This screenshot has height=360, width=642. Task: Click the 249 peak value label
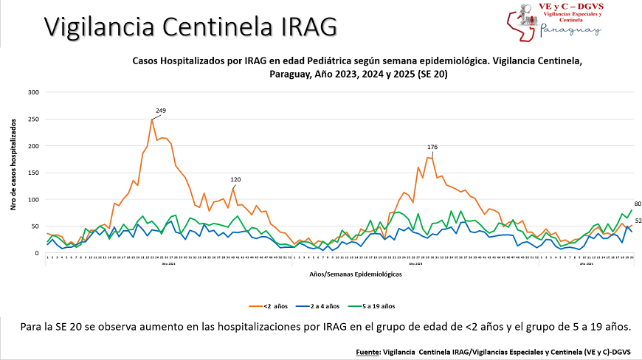pyautogui.click(x=161, y=111)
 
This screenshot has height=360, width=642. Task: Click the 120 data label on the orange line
pyautogui.click(x=236, y=179)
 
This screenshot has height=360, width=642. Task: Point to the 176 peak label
pyautogui.click(x=432, y=148)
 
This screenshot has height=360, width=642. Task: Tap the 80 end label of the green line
pyautogui.click(x=637, y=204)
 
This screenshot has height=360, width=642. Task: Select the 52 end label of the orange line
pyautogui.click(x=637, y=221)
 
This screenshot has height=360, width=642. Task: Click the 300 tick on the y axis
pyautogui.click(x=33, y=92)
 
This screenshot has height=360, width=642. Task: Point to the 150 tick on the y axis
pyautogui.click(x=33, y=173)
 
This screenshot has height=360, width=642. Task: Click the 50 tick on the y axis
pyautogui.click(x=35, y=226)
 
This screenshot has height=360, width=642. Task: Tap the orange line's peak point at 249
pyautogui.click(x=152, y=120)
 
